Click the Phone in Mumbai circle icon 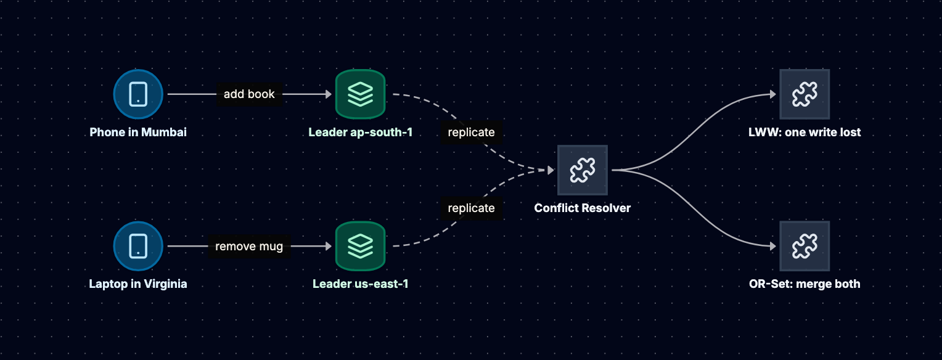click(138, 94)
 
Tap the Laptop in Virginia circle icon click(138, 246)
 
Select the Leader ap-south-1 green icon click(361, 94)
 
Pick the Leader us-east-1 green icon click(361, 246)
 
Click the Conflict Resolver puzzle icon click(583, 170)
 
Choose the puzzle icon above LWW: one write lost click(805, 94)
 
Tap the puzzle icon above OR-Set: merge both click(805, 246)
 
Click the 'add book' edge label click(249, 94)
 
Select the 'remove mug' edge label click(249, 246)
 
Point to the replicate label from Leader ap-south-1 click(471, 132)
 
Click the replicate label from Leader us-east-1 click(471, 208)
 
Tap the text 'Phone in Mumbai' click(138, 132)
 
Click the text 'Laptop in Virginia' click(138, 284)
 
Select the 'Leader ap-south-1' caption click(361, 132)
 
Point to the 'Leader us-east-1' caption click(361, 284)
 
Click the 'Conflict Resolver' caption click(583, 208)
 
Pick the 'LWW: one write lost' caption click(805, 132)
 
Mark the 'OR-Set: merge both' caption click(805, 284)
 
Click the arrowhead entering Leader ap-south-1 click(329, 94)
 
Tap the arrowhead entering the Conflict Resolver click(551, 170)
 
